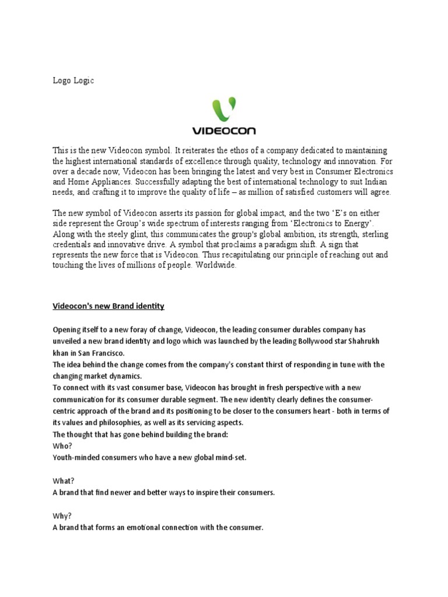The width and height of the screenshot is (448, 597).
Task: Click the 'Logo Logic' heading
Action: coord(73,81)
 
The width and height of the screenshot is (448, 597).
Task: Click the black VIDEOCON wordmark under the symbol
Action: coord(224,131)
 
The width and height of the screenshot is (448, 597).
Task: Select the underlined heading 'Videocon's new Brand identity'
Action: coord(108,306)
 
